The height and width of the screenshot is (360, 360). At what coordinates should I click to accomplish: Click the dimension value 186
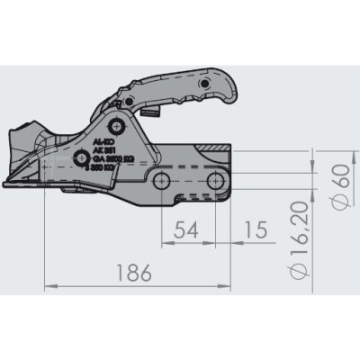point(135,271)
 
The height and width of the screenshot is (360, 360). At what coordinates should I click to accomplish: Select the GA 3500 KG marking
point(113,158)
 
